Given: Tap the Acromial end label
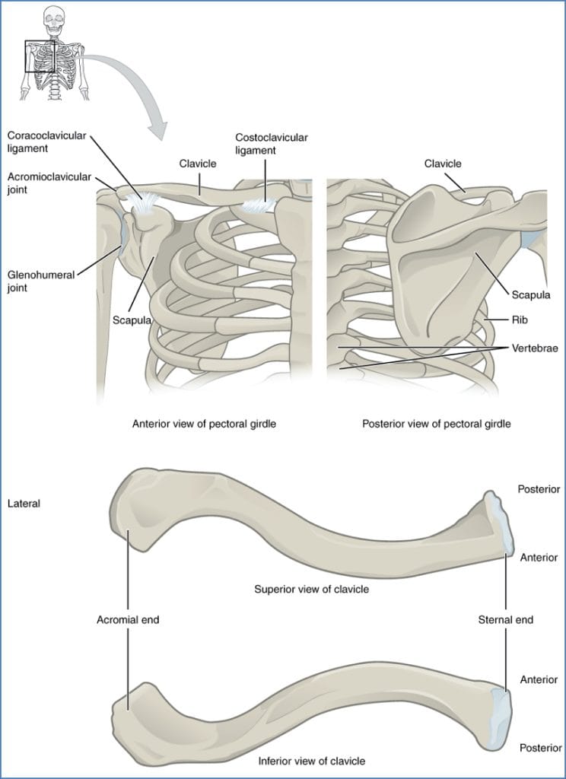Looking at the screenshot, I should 128,619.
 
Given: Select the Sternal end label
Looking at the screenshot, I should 505,619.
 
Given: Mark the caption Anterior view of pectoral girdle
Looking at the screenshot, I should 204,424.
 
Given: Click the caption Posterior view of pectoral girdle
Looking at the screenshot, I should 436,424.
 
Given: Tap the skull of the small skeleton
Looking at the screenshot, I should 52,16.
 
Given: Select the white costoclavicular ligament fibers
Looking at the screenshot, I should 259,205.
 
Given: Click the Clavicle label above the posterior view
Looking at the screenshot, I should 443,163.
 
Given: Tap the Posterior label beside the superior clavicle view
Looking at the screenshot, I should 539,489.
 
